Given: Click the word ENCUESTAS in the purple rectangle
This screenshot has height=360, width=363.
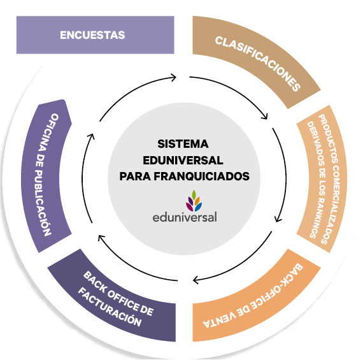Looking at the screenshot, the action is (x=92, y=35).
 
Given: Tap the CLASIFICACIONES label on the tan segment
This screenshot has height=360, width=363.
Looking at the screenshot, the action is (x=258, y=63).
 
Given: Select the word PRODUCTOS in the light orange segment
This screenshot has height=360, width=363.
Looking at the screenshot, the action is (x=327, y=138).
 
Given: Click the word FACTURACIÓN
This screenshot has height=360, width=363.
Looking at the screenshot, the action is (x=110, y=306).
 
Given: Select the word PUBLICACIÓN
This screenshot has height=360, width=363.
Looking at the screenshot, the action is (x=42, y=203).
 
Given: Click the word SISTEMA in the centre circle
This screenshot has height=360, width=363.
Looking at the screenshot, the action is (x=183, y=144).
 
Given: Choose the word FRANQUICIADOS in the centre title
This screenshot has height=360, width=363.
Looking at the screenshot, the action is (x=202, y=176).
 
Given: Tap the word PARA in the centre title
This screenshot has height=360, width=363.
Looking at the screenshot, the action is (x=135, y=176).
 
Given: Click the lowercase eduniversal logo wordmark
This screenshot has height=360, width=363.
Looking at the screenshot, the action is (x=185, y=217).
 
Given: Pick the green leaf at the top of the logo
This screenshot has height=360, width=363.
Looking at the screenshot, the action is (x=194, y=195).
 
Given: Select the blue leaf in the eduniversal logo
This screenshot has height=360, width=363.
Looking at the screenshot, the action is (x=199, y=206).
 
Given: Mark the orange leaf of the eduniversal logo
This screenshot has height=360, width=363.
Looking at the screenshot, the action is (x=197, y=201).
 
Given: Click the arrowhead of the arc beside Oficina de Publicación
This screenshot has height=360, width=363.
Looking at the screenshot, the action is (x=92, y=137).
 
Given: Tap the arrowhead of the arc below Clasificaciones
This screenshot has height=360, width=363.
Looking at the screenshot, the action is (x=264, y=116).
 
